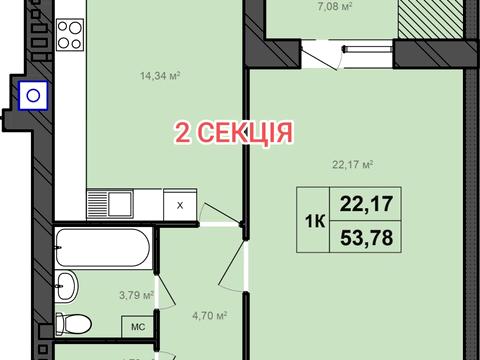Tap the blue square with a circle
pyautogui.click(x=32, y=95)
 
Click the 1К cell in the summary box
pyautogui.click(x=312, y=221)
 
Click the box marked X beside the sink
pyautogui.click(x=180, y=205)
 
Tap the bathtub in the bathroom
pyautogui.click(x=101, y=245)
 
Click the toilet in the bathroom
pyautogui.click(x=70, y=322)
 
